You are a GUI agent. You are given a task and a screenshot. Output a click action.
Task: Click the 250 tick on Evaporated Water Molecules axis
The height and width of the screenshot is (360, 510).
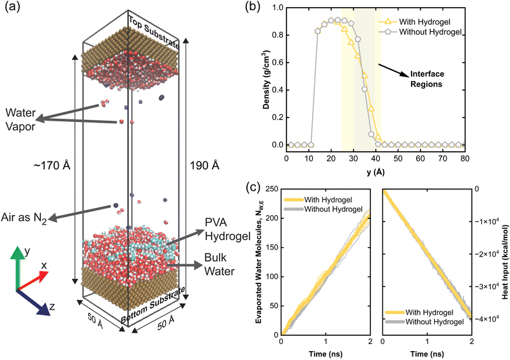[x=271, y=189]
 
